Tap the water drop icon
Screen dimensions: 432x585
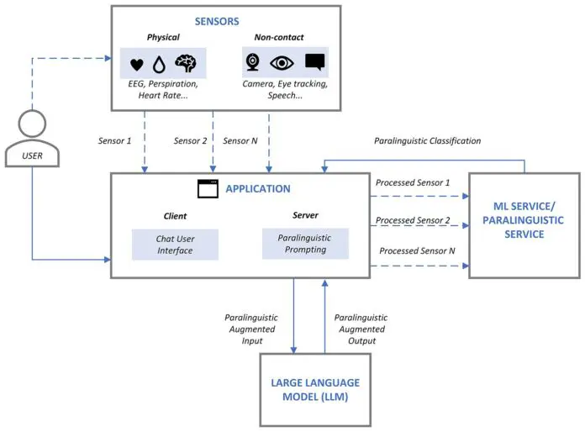[x=158, y=64]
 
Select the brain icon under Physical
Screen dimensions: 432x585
[x=187, y=63]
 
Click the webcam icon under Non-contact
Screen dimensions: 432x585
[x=252, y=63]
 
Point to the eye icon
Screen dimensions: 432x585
[x=282, y=63]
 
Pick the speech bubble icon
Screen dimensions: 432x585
[x=314, y=62]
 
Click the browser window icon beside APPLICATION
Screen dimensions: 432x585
[x=208, y=190]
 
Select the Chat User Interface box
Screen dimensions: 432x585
[x=175, y=244]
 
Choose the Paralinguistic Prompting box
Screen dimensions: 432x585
[x=305, y=244]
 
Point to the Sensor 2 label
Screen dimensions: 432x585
[x=191, y=140]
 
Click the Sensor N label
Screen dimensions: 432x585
[x=242, y=140]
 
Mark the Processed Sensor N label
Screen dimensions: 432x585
[x=416, y=251]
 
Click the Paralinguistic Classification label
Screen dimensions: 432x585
[x=427, y=140]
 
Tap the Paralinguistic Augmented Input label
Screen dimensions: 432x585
[x=250, y=329]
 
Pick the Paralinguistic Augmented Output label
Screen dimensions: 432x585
[x=361, y=329]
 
